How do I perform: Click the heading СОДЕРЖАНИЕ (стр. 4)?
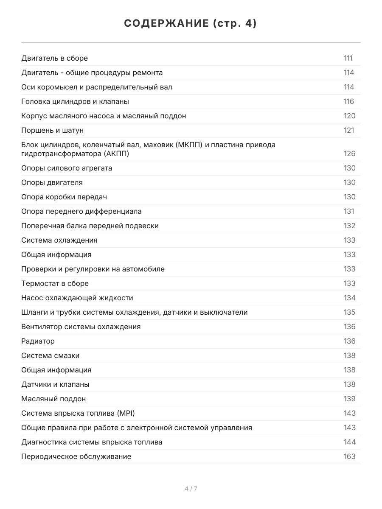pyautogui.click(x=191, y=24)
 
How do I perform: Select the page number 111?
pyautogui.click(x=348, y=58)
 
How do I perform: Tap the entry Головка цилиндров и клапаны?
pyautogui.click(x=75, y=101)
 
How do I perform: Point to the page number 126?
pyautogui.click(x=349, y=154)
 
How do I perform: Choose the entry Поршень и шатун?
pyautogui.click(x=52, y=130)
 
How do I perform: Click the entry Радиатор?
pyautogui.click(x=38, y=341)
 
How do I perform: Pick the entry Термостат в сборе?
pyautogui.click(x=55, y=283)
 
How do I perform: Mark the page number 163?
pyautogui.click(x=349, y=456)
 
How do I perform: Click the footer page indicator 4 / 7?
pyautogui.click(x=191, y=489)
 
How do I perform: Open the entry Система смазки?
pyautogui.click(x=50, y=355)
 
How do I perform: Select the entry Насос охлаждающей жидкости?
pyautogui.click(x=77, y=298)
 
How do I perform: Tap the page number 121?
pyautogui.click(x=348, y=130)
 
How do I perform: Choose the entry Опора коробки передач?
pyautogui.click(x=64, y=197)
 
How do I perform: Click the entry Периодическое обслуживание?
pyautogui.click(x=76, y=456)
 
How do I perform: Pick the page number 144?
pyautogui.click(x=349, y=442)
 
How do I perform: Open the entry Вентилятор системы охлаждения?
pyautogui.click(x=81, y=327)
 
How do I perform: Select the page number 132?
pyautogui.click(x=349, y=226)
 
